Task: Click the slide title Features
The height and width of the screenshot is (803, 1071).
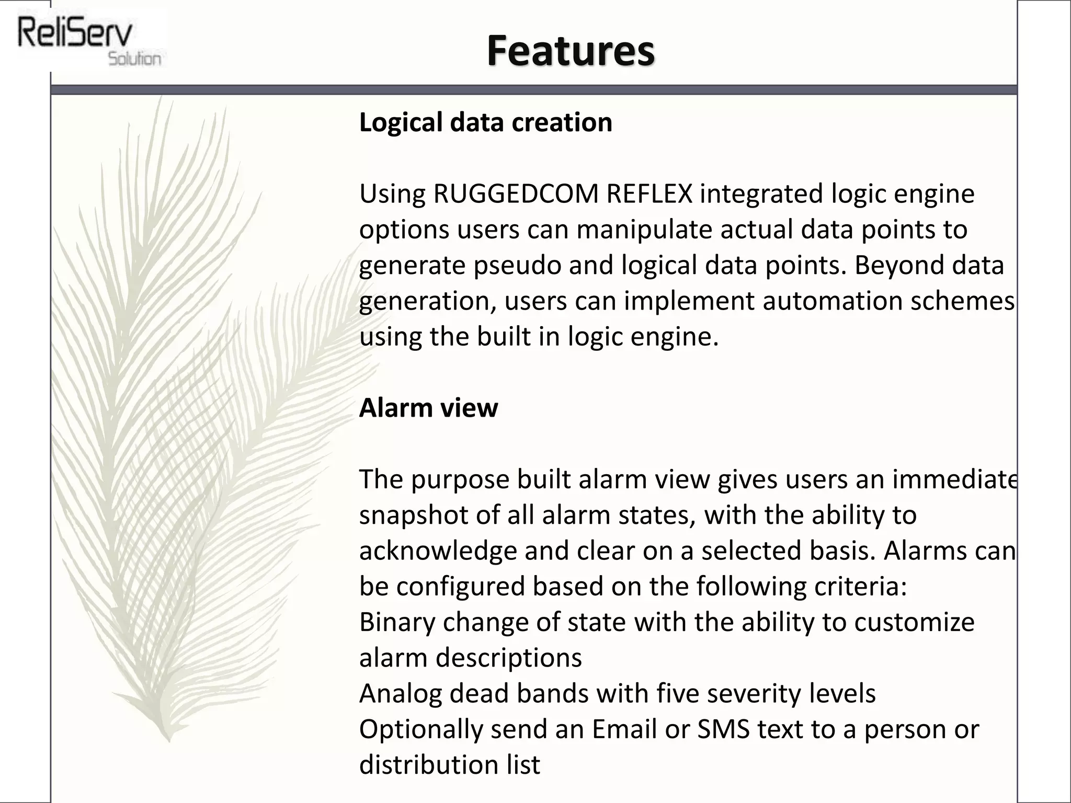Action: click(x=570, y=51)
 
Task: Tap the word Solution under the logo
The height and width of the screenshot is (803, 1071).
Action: click(x=134, y=59)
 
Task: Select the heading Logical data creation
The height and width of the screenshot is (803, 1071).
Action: click(x=485, y=123)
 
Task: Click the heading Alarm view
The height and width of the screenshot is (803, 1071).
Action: click(x=428, y=408)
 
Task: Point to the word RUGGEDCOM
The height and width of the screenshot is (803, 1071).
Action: click(x=516, y=194)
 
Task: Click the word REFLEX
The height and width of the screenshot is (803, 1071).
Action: click(x=649, y=194)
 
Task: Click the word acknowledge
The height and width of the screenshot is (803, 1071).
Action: click(x=438, y=551)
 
